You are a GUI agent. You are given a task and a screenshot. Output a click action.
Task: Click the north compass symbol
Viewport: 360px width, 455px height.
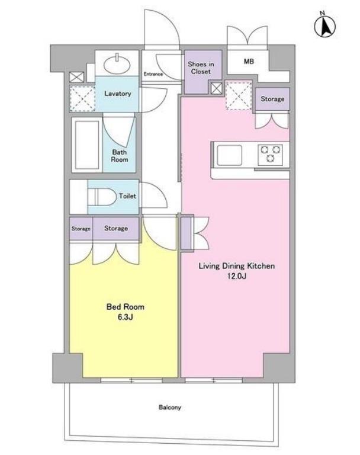tap(325, 26)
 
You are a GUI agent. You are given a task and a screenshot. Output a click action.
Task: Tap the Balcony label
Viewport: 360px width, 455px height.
tap(170, 408)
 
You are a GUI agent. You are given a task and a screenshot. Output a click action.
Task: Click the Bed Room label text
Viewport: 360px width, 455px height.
tap(126, 307)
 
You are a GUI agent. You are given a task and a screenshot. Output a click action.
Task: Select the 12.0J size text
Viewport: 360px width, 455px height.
tap(237, 276)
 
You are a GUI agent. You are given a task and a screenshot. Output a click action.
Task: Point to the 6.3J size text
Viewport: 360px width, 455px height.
tap(126, 317)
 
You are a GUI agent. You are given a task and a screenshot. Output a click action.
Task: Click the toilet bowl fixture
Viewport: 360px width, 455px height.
tap(101, 197)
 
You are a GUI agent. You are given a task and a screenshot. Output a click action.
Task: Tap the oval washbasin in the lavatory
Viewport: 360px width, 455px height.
tap(117, 65)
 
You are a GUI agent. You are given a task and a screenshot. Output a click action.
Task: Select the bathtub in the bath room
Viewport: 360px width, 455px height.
tap(87, 145)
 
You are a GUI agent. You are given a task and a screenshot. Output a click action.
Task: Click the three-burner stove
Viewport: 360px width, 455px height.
tap(271, 155)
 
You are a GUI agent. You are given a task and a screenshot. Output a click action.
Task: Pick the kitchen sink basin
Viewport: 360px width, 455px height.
tap(230, 155)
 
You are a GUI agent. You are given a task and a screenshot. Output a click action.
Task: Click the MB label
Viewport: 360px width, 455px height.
tap(249, 62)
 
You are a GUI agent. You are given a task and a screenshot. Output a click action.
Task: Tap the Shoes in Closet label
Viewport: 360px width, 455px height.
tap(201, 68)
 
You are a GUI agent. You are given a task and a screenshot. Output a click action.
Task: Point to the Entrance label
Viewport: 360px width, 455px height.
tap(153, 74)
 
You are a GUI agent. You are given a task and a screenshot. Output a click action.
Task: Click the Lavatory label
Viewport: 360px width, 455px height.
tap(118, 94)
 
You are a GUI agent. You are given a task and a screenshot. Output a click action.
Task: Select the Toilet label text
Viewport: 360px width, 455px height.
tap(127, 196)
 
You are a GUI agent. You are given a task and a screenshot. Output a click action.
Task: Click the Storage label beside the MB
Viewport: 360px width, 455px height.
tap(272, 99)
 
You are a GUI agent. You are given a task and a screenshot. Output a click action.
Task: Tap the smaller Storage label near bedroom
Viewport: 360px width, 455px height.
tap(81, 229)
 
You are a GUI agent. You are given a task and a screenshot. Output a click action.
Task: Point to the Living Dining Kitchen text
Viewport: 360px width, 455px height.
tap(236, 266)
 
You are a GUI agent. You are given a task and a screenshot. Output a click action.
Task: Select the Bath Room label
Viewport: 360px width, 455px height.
tap(120, 156)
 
